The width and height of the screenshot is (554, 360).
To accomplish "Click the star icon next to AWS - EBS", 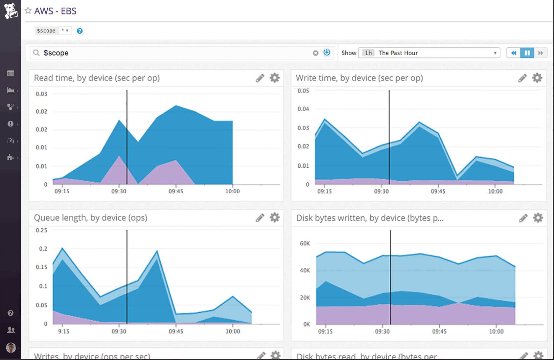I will pyautogui.click(x=28, y=11).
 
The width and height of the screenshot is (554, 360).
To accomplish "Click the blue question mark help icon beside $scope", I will pyautogui.click(x=80, y=31).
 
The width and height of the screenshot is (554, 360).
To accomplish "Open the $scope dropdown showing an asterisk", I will pyautogui.click(x=65, y=31).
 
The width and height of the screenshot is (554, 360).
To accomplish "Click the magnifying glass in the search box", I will pyautogui.click(x=36, y=53).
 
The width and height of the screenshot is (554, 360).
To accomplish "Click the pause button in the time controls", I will pyautogui.click(x=527, y=53).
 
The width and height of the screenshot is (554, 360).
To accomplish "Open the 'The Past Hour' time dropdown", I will pyautogui.click(x=429, y=53).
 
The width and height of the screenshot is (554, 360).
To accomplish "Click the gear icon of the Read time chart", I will pyautogui.click(x=275, y=78).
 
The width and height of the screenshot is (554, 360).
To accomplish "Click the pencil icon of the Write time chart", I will pyautogui.click(x=522, y=78).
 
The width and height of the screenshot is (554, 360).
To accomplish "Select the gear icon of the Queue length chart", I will pyautogui.click(x=275, y=217).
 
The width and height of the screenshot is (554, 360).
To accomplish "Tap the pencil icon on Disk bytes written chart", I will pyautogui.click(x=523, y=218).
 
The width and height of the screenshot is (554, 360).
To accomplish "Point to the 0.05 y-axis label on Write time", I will pyautogui.click(x=303, y=91).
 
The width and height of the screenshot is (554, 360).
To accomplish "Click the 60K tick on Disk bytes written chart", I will pyautogui.click(x=305, y=243).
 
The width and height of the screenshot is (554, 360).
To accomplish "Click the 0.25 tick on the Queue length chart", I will pyautogui.click(x=41, y=230).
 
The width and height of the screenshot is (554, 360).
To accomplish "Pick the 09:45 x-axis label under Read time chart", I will pyautogui.click(x=176, y=191).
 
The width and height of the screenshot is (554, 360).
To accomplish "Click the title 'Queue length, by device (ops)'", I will pyautogui.click(x=91, y=218).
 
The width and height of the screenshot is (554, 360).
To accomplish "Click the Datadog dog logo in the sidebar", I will pyautogui.click(x=11, y=11).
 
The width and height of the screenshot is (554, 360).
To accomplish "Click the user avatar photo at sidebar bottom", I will pyautogui.click(x=11, y=347).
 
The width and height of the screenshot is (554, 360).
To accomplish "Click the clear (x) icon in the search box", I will pyautogui.click(x=315, y=53).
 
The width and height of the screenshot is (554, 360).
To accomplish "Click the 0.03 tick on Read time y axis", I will pyautogui.click(x=41, y=94).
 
